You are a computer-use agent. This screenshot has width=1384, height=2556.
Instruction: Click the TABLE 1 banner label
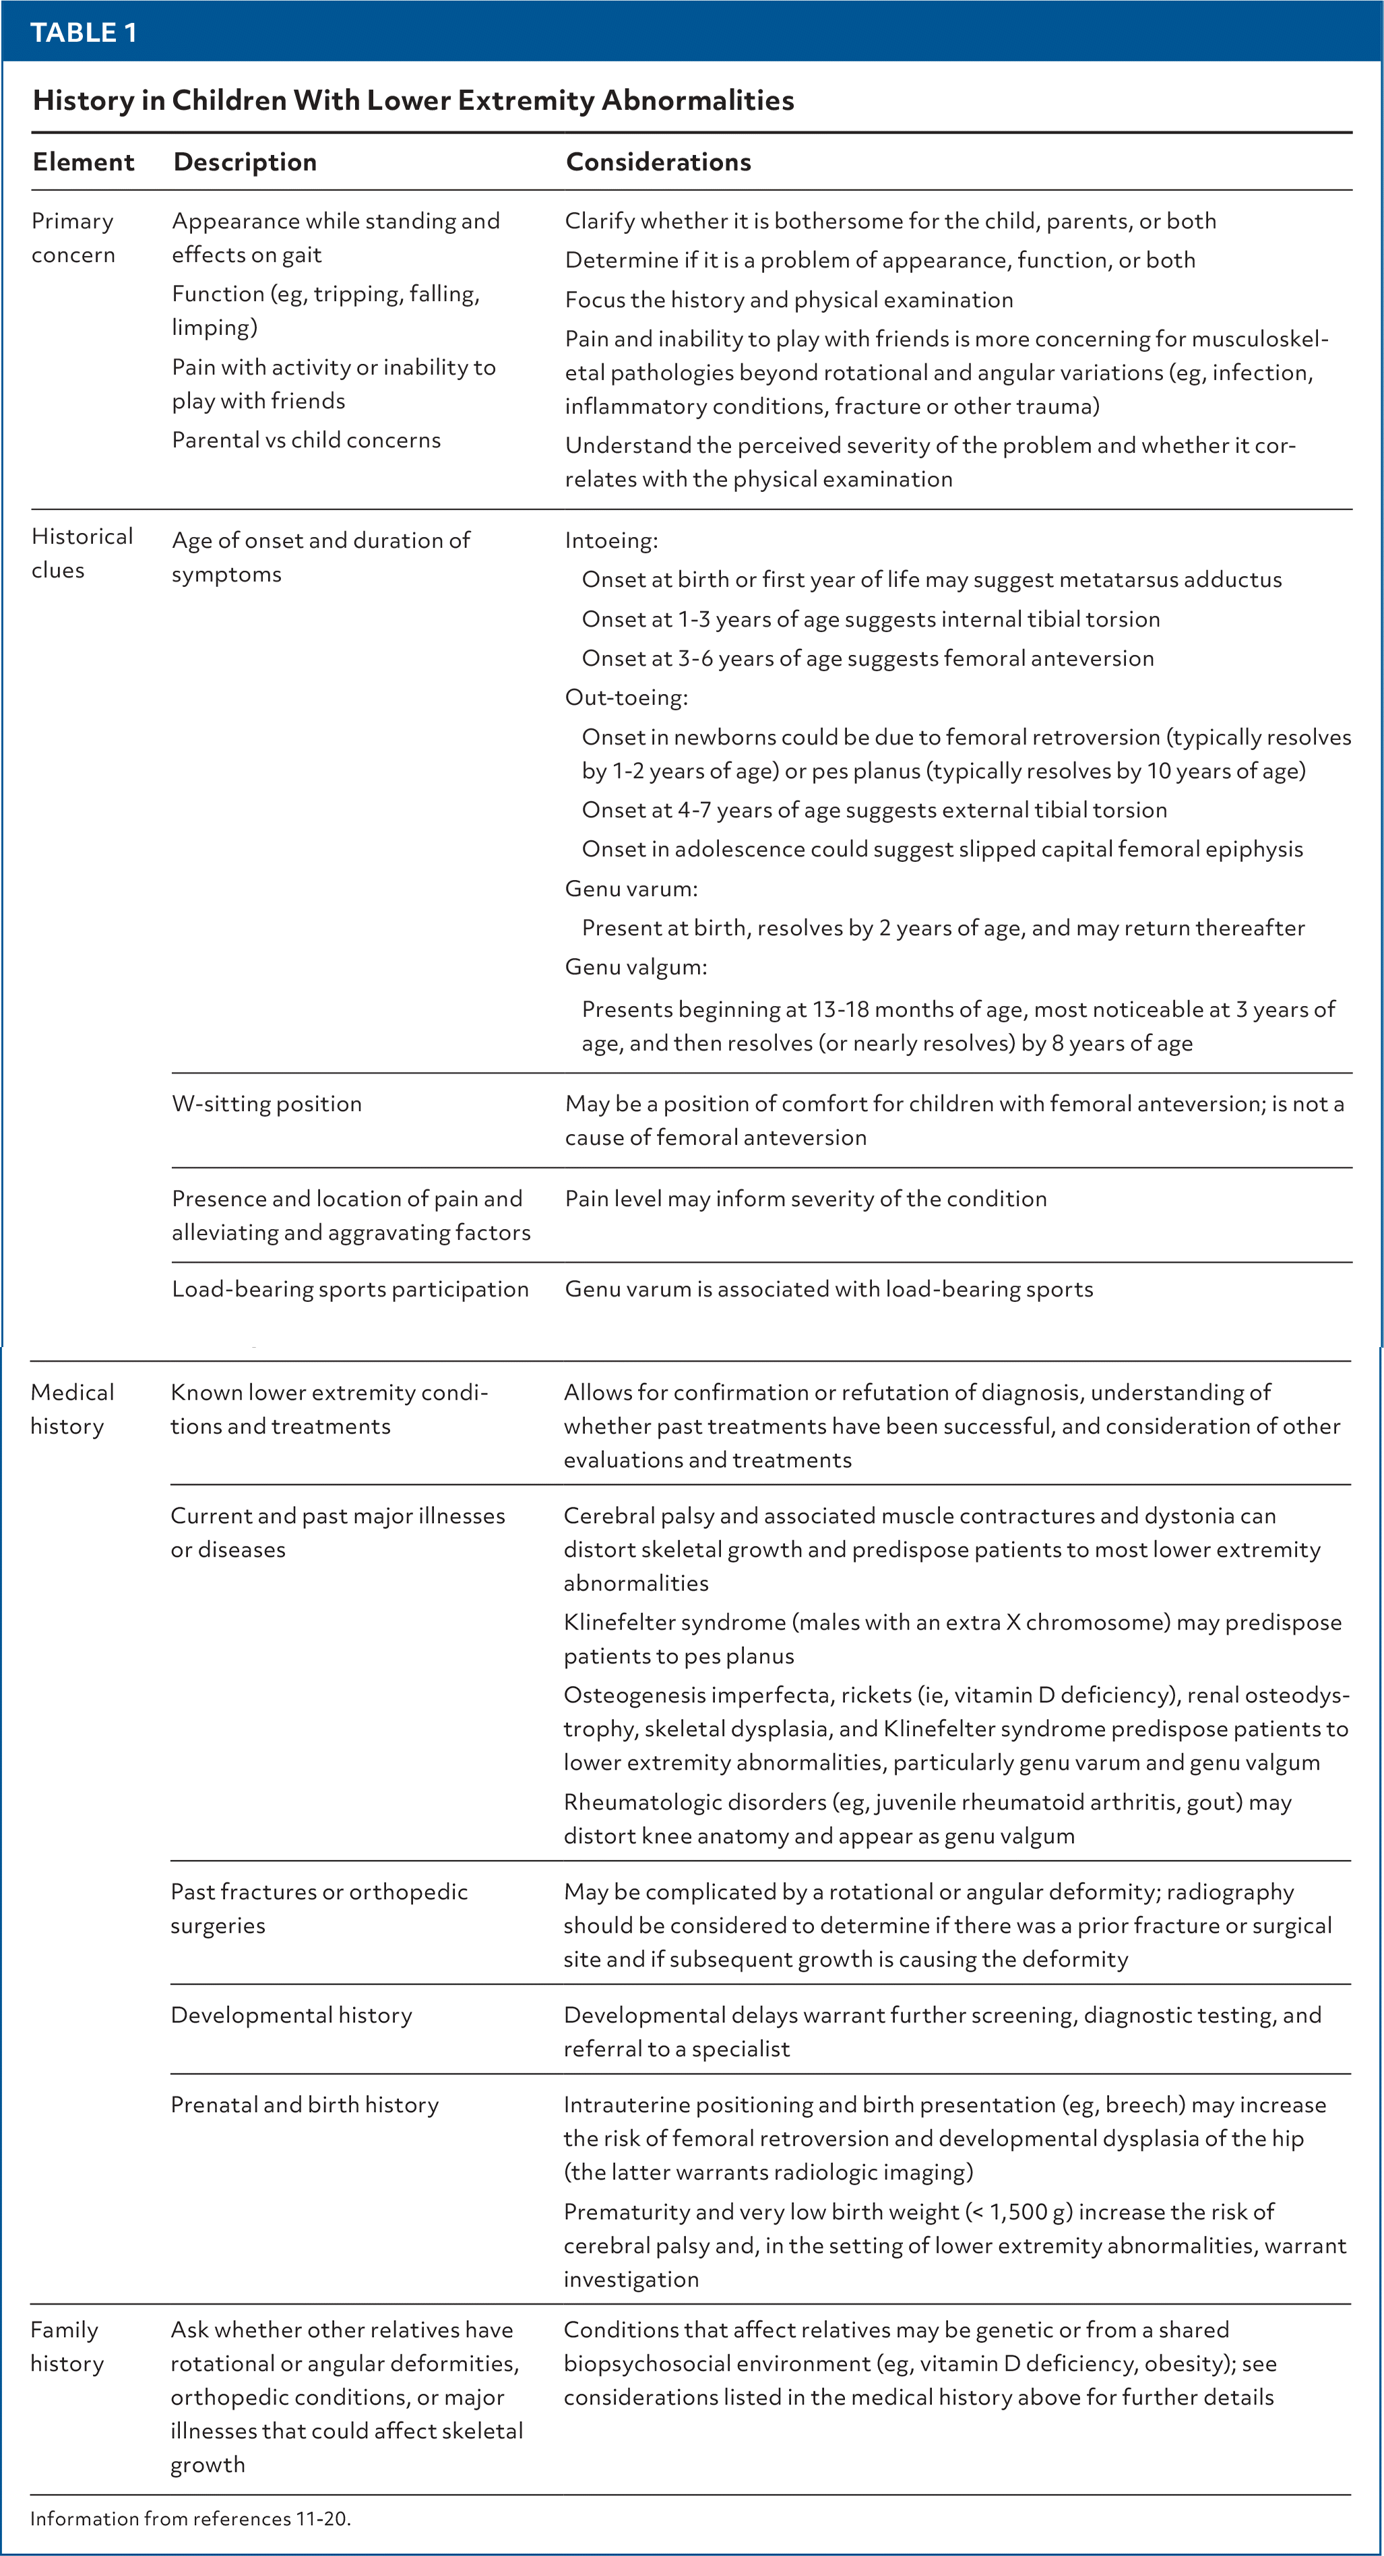[84, 33]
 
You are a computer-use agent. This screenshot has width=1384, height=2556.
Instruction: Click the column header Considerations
[658, 162]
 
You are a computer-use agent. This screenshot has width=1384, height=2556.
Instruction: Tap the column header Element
[84, 162]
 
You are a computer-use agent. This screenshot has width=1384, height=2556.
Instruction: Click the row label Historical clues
[82, 553]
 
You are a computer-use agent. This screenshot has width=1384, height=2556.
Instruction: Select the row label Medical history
[72, 1408]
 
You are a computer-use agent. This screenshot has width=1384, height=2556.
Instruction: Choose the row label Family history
[67, 2346]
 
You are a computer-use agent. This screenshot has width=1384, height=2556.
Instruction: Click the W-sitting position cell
[266, 1103]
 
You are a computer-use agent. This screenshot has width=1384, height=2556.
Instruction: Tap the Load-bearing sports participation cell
[349, 1289]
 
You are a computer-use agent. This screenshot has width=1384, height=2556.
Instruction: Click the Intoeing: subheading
[611, 540]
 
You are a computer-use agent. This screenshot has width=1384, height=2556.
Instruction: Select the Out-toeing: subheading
[626, 697]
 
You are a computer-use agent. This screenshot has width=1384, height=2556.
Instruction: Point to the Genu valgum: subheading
[635, 966]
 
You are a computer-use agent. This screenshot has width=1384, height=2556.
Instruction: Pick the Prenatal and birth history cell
[304, 2105]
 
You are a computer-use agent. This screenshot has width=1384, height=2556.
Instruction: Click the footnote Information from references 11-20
[191, 2518]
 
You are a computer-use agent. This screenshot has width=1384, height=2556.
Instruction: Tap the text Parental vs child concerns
[305, 439]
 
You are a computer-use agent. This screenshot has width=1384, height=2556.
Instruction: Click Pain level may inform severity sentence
[805, 1199]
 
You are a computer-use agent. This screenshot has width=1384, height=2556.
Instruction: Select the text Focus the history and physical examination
[789, 300]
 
